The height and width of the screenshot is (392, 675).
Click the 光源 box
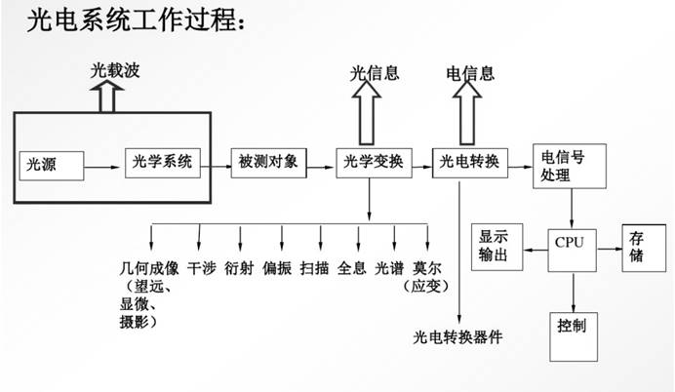52,165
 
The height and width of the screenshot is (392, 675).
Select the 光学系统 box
163,163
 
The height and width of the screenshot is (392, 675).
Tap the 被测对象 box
268,163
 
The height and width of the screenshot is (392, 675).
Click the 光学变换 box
374,163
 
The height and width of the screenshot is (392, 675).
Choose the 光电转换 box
469,163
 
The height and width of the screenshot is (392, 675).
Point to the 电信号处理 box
569,166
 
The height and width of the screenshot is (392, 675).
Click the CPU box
572,250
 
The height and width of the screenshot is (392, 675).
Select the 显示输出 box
496,247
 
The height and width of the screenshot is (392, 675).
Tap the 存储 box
644,248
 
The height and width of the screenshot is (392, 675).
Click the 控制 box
574,337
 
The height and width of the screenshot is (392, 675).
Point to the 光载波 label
115,70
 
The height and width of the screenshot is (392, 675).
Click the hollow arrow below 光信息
367,113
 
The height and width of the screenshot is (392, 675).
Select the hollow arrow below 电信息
467,113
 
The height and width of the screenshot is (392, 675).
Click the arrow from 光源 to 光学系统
101,167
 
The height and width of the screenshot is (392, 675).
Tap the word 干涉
202,268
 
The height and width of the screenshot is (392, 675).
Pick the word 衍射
239,268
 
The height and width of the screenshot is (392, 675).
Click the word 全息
352,268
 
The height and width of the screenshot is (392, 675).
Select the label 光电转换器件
457,337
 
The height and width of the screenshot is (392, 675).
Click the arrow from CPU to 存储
610,249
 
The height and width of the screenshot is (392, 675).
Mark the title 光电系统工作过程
136,20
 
